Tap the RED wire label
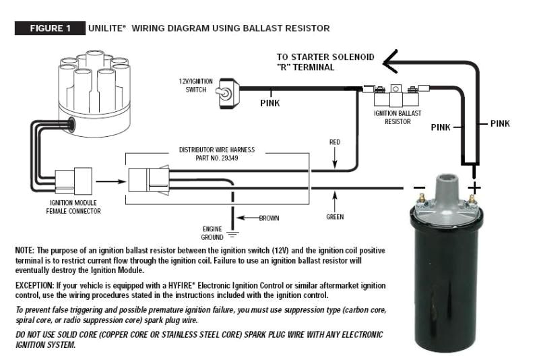(335, 143)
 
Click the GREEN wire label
(335, 217)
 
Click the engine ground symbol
(233, 235)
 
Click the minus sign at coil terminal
(419, 187)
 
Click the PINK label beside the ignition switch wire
(270, 104)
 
